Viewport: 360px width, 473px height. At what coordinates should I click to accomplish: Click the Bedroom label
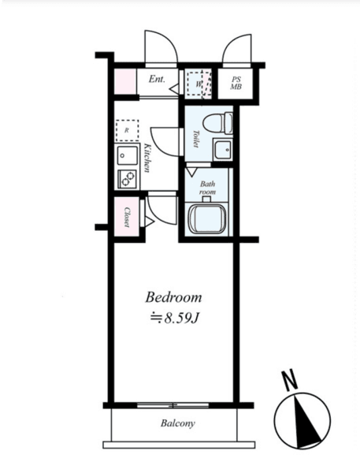pyautogui.click(x=173, y=297)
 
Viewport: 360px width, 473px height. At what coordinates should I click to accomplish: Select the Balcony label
pyautogui.click(x=177, y=423)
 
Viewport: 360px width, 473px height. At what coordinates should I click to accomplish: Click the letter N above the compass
pyautogui.click(x=289, y=380)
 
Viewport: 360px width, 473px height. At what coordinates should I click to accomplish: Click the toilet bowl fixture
pyautogui.click(x=217, y=124)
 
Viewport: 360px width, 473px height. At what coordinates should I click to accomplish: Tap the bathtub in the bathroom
pyautogui.click(x=207, y=218)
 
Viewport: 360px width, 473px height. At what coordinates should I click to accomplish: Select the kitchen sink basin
pyautogui.click(x=128, y=155)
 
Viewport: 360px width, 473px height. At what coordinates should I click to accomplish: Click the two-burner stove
pyautogui.click(x=127, y=179)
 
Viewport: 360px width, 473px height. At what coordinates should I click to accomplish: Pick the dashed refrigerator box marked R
pyautogui.click(x=128, y=130)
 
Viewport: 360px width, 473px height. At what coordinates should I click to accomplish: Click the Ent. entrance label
pyautogui.click(x=157, y=80)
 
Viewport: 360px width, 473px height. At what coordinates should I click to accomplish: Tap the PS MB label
pyautogui.click(x=236, y=84)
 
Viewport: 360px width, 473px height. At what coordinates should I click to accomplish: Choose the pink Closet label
pyautogui.click(x=127, y=217)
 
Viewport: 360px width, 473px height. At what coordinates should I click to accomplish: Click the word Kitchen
pyautogui.click(x=147, y=158)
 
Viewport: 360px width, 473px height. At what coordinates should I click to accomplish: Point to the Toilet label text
pyautogui.click(x=197, y=139)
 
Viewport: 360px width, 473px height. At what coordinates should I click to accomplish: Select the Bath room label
pyautogui.click(x=208, y=188)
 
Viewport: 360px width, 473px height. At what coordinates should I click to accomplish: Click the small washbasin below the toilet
pyautogui.click(x=222, y=149)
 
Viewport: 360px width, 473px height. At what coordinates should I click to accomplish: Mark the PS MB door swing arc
pyautogui.click(x=236, y=48)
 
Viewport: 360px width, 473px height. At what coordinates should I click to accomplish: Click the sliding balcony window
pyautogui.click(x=173, y=405)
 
